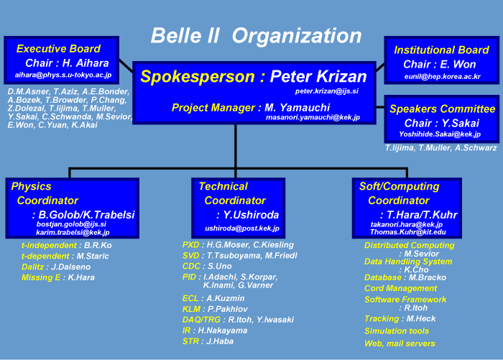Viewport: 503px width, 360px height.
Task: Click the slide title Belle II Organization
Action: (256, 36)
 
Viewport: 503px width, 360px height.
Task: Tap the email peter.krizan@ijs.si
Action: (326, 91)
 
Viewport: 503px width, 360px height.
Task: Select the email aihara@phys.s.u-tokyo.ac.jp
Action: (63, 75)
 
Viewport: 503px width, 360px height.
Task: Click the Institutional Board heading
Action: (441, 50)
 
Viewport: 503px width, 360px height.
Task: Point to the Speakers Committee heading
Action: (443, 109)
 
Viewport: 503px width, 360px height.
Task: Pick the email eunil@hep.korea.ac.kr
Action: (443, 76)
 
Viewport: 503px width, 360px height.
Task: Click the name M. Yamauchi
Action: (297, 108)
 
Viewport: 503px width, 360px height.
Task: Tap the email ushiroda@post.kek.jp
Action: (242, 229)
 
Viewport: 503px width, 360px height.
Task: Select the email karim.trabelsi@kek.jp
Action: (73, 232)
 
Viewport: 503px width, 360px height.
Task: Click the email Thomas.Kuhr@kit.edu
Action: (408, 232)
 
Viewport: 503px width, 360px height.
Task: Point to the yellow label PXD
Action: (191, 245)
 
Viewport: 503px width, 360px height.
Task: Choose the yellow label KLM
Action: (191, 309)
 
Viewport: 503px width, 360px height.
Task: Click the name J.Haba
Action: (220, 341)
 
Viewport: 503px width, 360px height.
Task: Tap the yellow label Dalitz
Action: (32, 267)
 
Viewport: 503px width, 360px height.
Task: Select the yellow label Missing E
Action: (41, 277)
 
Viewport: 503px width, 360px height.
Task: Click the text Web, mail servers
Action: (400, 343)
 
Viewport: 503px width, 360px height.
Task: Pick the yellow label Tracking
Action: (382, 318)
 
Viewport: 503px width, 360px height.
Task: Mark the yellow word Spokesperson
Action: (198, 76)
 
